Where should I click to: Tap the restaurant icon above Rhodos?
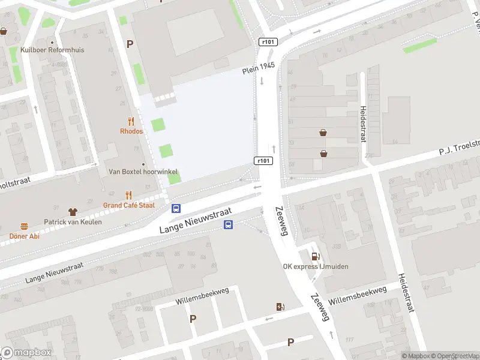[x=131, y=121]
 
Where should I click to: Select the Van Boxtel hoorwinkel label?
[x=143, y=172]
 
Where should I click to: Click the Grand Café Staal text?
[x=128, y=205]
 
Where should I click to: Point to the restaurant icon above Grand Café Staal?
[x=128, y=195]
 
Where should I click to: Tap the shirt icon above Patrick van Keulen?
[x=73, y=212]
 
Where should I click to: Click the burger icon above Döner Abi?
[x=25, y=226]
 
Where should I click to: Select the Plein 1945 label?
[x=258, y=68]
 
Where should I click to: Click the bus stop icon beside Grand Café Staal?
[x=176, y=209]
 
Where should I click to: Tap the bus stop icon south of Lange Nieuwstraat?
[x=229, y=225]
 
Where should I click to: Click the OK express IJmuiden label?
[x=316, y=266]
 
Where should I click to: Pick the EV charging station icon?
[x=280, y=307]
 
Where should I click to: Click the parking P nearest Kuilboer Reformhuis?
[x=130, y=44]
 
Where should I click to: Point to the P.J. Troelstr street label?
[x=460, y=147]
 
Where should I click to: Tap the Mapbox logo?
[x=26, y=353]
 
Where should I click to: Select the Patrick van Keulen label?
[x=73, y=222]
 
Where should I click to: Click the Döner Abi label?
[x=24, y=236]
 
